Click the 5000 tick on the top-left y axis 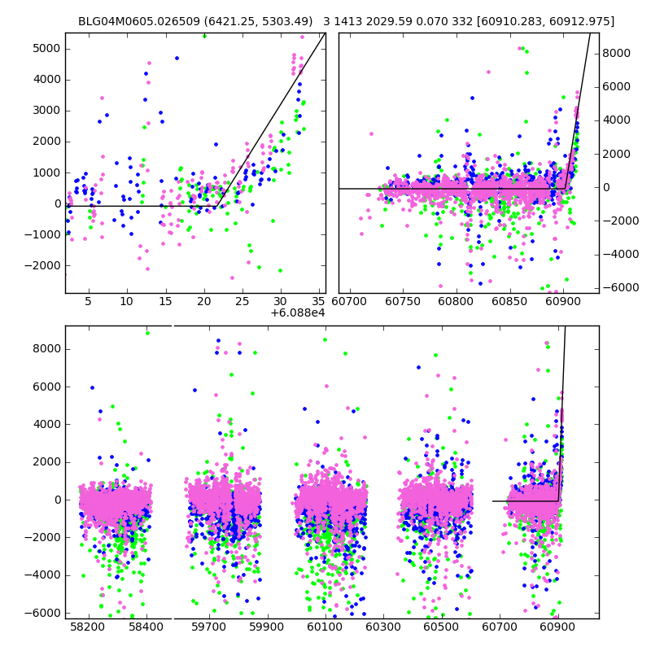46,48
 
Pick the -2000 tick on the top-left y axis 44,265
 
